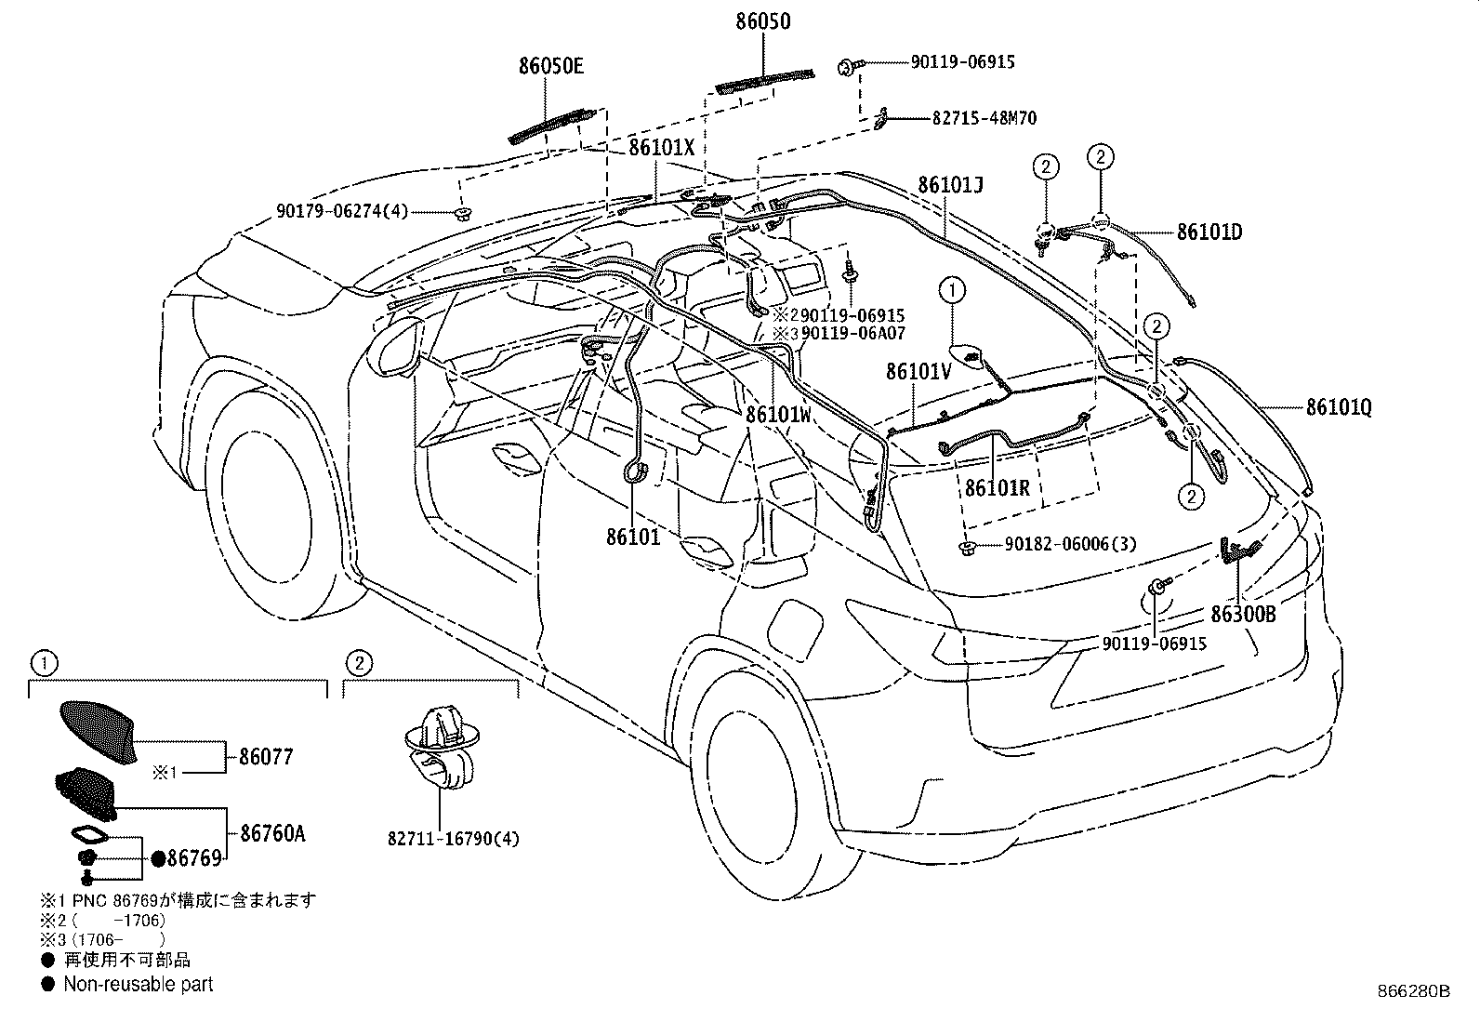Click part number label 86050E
tap(551, 66)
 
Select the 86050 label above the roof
tap(762, 20)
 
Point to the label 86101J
tap(950, 185)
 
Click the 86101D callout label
tap(1209, 232)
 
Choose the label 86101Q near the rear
tap(1339, 406)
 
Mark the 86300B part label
tap(1243, 614)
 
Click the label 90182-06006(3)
tap(1070, 545)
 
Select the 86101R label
tap(997, 487)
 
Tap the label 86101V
tap(918, 371)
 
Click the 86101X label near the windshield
tap(661, 147)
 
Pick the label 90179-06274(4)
tap(342, 212)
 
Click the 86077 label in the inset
tap(266, 757)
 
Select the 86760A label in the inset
tap(272, 833)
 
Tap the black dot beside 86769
tap(158, 858)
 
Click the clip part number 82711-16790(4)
tap(454, 839)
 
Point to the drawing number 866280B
tap(1413, 991)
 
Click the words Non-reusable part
tap(138, 984)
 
